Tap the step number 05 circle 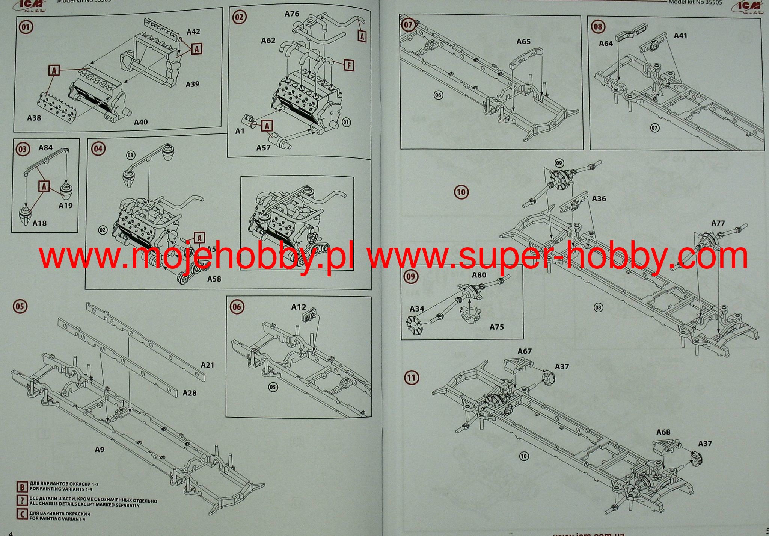pyautogui.click(x=20, y=306)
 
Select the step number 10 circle pyautogui.click(x=461, y=192)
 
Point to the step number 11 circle pyautogui.click(x=411, y=377)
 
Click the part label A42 pyautogui.click(x=193, y=32)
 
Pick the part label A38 pyautogui.click(x=34, y=118)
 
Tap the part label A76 pyautogui.click(x=292, y=14)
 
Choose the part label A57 pyautogui.click(x=263, y=148)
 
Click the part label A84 pyautogui.click(x=45, y=148)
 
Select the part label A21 pyautogui.click(x=207, y=365)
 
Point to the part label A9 pyautogui.click(x=99, y=449)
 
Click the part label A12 pyautogui.click(x=299, y=307)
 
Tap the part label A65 pyautogui.click(x=523, y=41)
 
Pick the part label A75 pyautogui.click(x=496, y=327)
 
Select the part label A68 pyautogui.click(x=663, y=432)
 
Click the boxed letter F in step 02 pyautogui.click(x=349, y=65)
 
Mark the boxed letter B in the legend pyautogui.click(x=22, y=487)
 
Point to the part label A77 pyautogui.click(x=718, y=223)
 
